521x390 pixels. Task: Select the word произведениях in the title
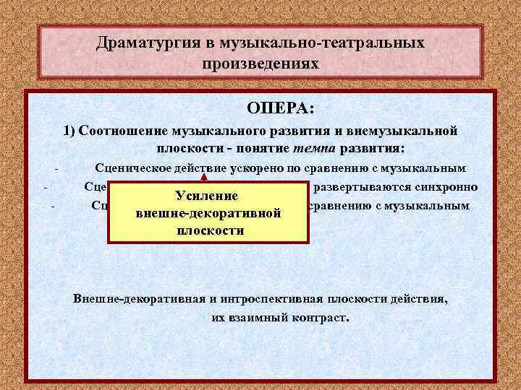(260, 64)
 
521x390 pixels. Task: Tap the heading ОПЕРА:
(280, 108)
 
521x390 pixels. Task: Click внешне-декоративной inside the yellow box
(208, 214)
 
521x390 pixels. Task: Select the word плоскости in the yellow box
(210, 231)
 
